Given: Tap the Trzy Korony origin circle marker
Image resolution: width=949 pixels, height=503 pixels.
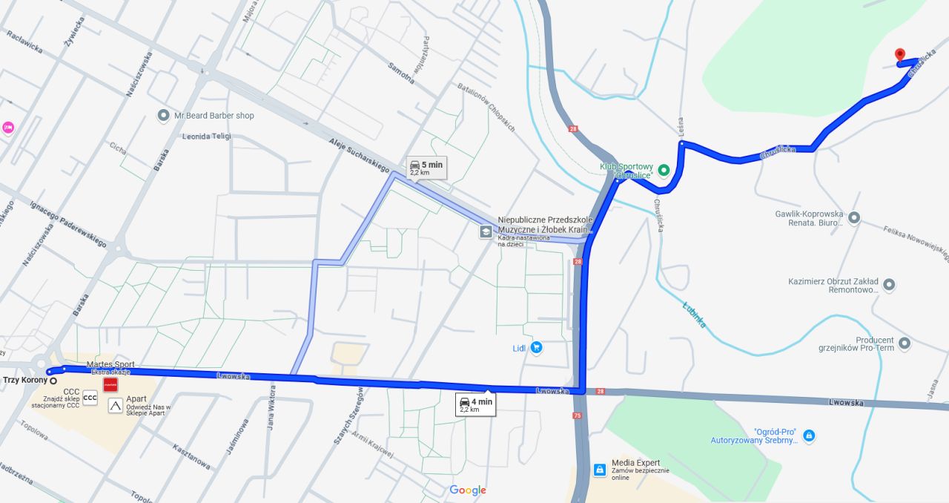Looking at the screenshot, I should point(53,381).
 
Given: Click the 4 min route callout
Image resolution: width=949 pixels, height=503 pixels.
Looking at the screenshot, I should point(475,405).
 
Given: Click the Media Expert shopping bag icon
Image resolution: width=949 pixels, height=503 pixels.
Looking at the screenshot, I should point(599,470).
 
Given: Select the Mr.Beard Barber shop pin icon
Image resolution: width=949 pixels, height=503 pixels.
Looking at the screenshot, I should point(164,116).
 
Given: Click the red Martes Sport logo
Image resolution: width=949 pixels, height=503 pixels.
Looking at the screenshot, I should point(110,384).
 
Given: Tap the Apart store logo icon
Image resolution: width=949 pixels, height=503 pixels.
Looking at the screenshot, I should point(115,405).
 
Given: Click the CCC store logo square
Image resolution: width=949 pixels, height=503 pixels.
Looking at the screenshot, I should point(90,398).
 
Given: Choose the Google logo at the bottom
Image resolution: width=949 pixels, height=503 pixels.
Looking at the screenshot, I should point(468,490).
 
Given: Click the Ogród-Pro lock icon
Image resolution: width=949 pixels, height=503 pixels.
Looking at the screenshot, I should point(809,435).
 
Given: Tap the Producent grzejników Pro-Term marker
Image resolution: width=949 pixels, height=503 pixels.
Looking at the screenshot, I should point(904,343).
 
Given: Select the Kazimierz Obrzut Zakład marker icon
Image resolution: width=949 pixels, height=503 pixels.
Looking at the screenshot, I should point(889,285).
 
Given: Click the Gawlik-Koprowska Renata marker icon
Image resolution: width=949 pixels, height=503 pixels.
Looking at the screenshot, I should point(854,217).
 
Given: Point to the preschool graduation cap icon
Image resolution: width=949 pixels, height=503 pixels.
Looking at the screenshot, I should point(485,232).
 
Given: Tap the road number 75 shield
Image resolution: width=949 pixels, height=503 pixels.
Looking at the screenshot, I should point(576,415).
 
